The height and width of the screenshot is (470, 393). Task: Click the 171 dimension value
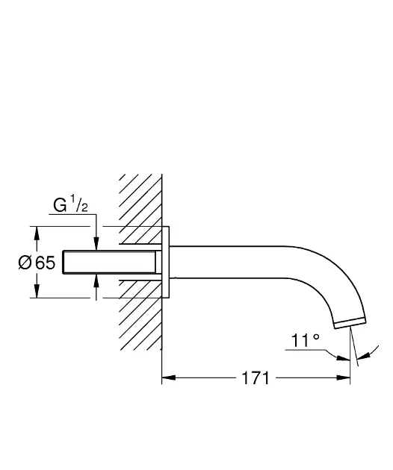pos(256,378)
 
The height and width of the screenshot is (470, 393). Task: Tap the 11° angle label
pos(305,340)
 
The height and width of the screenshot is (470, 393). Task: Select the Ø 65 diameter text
pos(37,263)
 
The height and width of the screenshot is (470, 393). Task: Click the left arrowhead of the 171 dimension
pos(168,377)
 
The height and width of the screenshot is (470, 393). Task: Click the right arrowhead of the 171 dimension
pos(344,377)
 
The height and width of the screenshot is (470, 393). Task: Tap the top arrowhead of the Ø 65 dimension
pos(37,233)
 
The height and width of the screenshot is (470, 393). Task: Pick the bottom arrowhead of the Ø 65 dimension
pos(37,291)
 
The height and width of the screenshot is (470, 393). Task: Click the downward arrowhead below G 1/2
pos(96,243)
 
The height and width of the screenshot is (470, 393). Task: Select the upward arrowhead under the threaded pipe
pos(96,281)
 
